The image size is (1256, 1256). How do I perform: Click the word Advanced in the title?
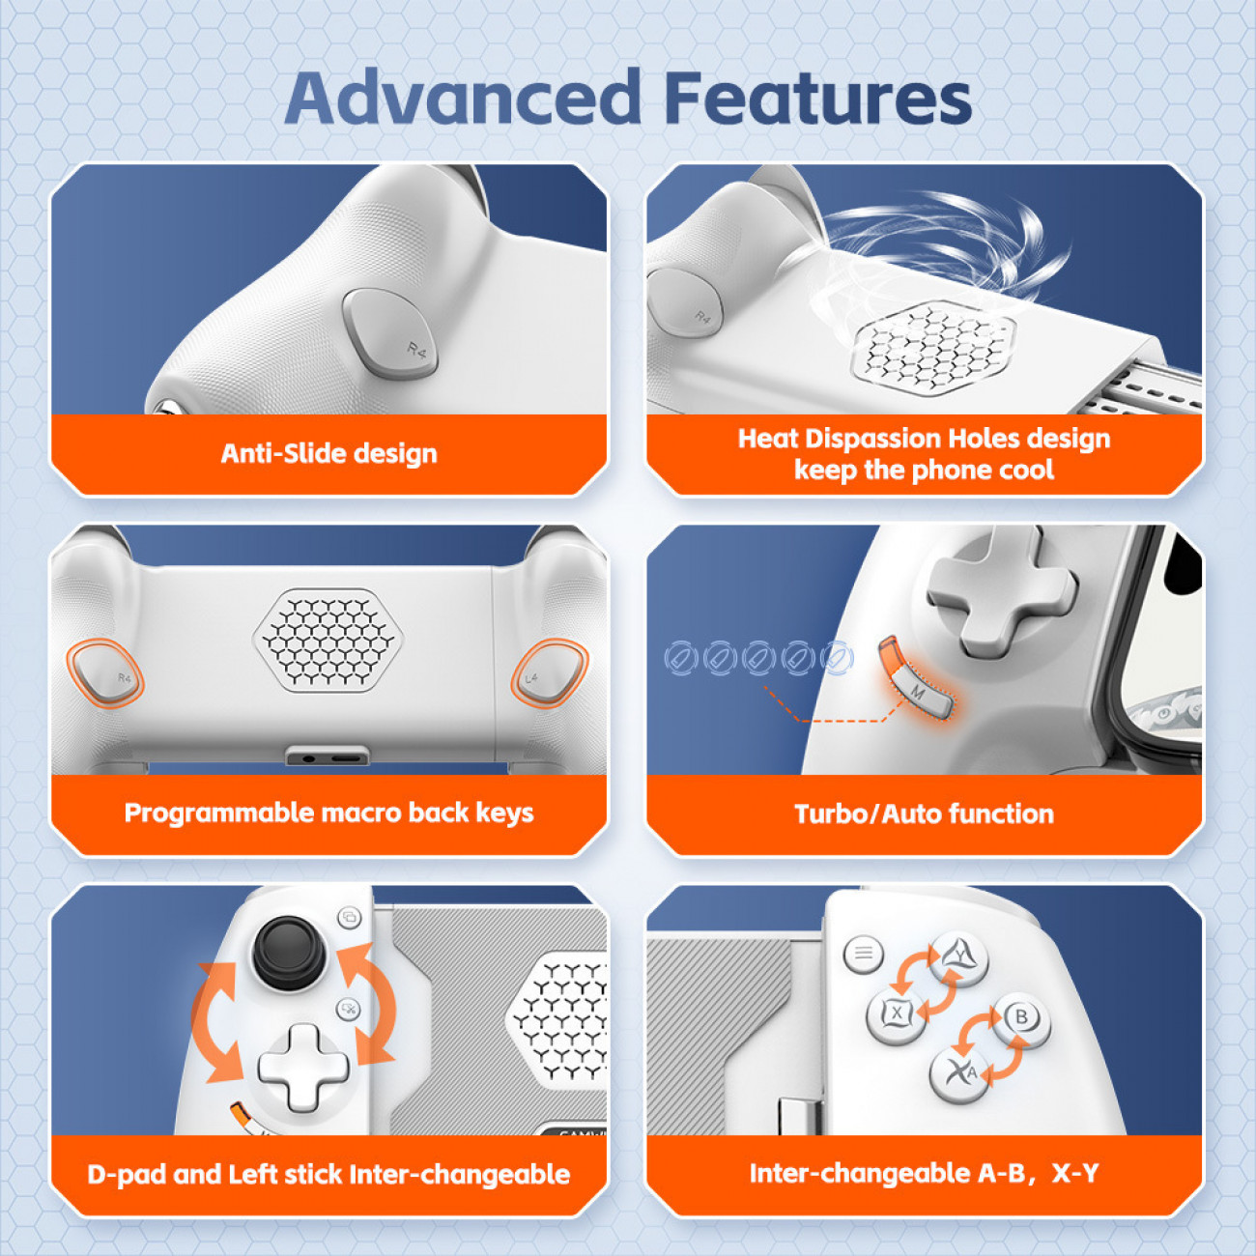click(464, 98)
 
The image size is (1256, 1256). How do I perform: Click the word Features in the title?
click(818, 98)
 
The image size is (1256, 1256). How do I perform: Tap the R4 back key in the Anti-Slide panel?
click(389, 333)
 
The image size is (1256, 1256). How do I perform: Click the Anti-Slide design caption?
click(329, 454)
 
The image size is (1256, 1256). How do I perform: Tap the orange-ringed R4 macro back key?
click(105, 672)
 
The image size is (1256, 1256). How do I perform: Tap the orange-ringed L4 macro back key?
click(550, 672)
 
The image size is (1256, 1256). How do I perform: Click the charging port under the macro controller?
click(328, 756)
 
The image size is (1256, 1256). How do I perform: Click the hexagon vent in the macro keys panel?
click(328, 640)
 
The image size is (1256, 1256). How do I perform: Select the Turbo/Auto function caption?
click(925, 814)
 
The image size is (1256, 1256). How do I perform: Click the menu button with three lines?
click(863, 954)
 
